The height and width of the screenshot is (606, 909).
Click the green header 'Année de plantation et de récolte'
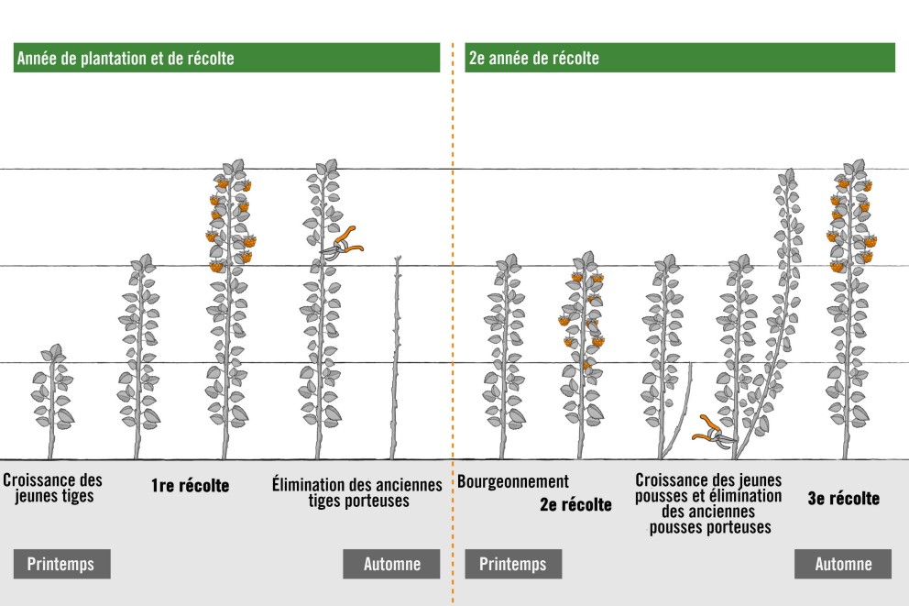226,58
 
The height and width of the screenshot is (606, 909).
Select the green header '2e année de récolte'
679,58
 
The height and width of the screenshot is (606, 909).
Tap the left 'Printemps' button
61,564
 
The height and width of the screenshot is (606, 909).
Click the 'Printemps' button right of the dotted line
513,564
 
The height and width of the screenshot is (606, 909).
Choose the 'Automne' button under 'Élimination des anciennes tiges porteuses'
391,564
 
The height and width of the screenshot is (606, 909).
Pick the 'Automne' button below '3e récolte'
843,564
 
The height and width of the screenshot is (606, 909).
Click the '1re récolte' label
190,486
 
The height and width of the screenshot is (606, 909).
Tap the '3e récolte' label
843,499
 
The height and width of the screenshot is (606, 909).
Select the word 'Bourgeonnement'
513,481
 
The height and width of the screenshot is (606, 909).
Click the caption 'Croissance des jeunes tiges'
52,489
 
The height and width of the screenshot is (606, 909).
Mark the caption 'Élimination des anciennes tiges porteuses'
357,492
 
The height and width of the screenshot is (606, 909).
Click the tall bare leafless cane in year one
395,358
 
